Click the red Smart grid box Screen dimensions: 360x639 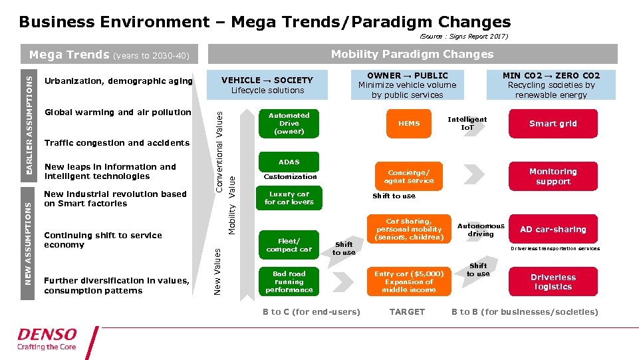(x=553, y=124)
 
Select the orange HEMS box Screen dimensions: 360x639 (x=409, y=124)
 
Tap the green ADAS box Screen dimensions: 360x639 (x=289, y=162)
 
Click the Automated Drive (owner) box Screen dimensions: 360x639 (x=289, y=124)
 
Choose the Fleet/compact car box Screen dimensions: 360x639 (x=289, y=245)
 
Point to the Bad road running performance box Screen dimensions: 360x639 (x=289, y=281)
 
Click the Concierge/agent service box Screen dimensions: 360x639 (x=408, y=176)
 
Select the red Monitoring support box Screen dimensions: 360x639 (x=553, y=176)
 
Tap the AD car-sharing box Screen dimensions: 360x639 (x=553, y=230)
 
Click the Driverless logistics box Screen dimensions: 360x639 (x=553, y=282)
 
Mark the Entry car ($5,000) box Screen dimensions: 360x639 (x=408, y=281)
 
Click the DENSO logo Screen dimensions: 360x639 (x=47, y=338)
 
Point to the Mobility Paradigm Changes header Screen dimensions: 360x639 (x=412, y=54)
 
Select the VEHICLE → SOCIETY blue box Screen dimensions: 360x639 (x=267, y=85)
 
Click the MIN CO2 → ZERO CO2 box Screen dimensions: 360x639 (x=551, y=85)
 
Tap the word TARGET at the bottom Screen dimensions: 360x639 (x=407, y=312)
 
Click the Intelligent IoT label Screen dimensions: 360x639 (x=467, y=123)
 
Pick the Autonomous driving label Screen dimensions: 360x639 (x=481, y=230)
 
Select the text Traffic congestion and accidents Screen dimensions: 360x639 (x=117, y=143)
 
